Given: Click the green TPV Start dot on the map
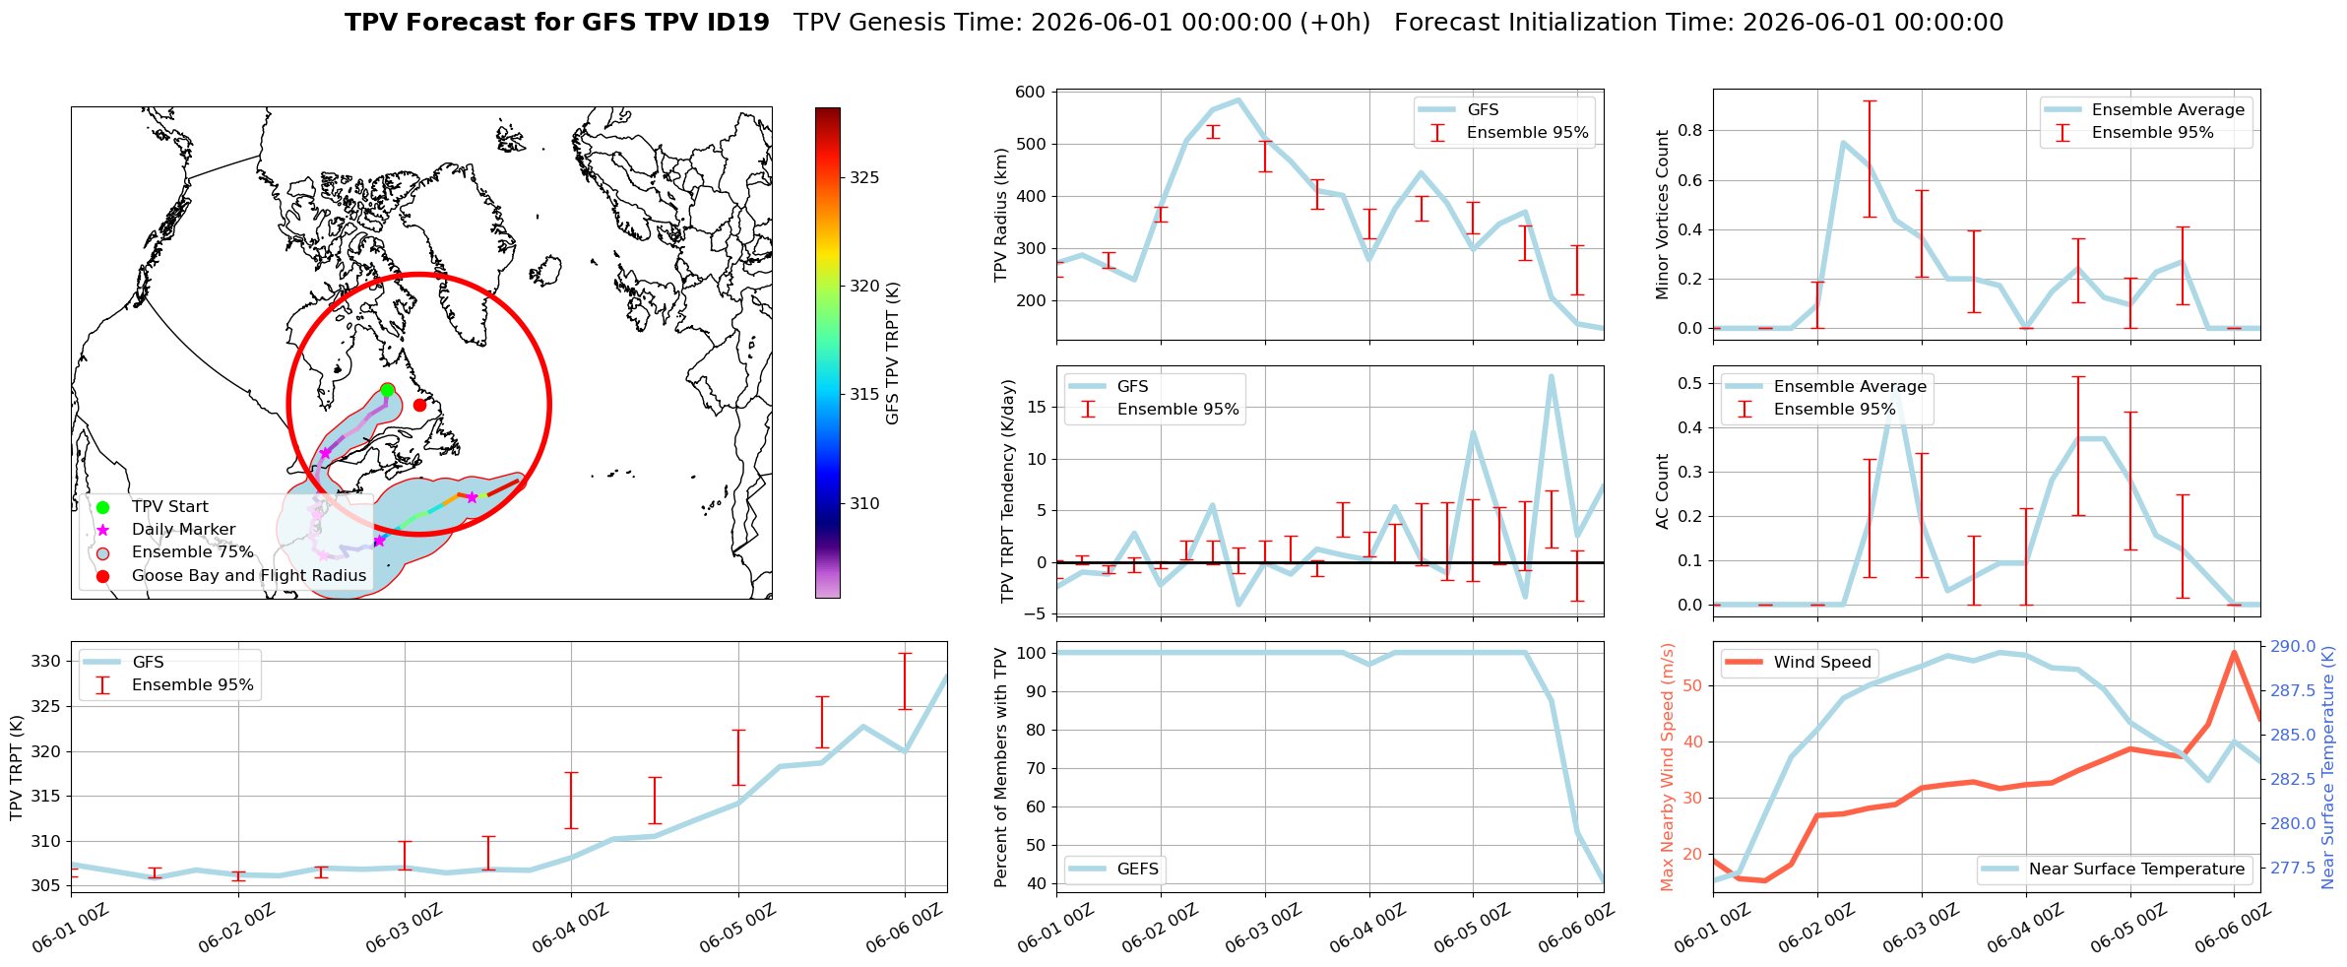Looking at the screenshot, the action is coord(387,391).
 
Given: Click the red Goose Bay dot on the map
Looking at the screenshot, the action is coord(419,405).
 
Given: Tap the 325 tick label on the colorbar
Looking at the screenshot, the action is coord(864,178).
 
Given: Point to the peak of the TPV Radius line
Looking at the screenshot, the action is coord(1237,99).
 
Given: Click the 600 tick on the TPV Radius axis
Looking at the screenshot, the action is coord(1031,93).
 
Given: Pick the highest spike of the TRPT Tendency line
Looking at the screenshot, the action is coord(1551,376).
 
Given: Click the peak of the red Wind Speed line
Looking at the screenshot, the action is coord(2234,652).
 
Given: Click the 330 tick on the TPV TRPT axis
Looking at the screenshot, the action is coord(46,662).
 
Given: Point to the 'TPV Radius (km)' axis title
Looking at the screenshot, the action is coord(1002,215).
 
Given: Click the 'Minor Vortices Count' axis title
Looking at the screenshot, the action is coord(1663,214).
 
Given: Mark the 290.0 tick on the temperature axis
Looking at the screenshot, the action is coord(2295,647).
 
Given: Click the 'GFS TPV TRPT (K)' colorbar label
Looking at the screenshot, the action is coord(893,354).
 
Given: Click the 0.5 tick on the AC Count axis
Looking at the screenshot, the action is coord(1691,384).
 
